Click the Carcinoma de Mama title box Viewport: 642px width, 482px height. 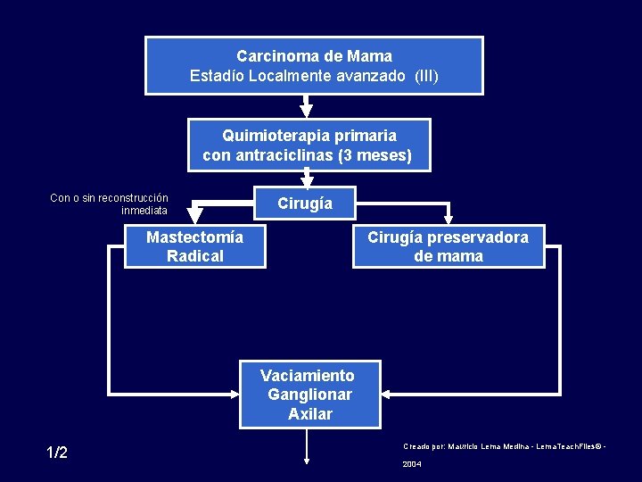pyautogui.click(x=314, y=65)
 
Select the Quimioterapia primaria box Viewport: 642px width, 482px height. pyautogui.click(x=309, y=145)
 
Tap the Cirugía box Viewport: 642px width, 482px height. pyautogui.click(x=304, y=204)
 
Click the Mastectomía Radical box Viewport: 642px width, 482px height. pyautogui.click(x=194, y=246)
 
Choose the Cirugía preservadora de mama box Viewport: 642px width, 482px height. pyautogui.click(x=448, y=246)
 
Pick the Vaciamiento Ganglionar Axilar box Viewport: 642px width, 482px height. pyautogui.click(x=309, y=395)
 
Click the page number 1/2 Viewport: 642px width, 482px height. pyautogui.click(x=57, y=453)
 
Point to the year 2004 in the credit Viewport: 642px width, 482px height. pyautogui.click(x=412, y=464)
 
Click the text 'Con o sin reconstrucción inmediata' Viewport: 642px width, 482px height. pyautogui.click(x=109, y=204)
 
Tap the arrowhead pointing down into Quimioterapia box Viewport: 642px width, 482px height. pyautogui.click(x=306, y=112)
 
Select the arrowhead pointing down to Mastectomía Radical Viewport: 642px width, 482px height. pyautogui.click(x=194, y=215)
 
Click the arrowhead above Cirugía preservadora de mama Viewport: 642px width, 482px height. pyautogui.click(x=449, y=217)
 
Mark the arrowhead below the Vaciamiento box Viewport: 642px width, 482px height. pyautogui.click(x=307, y=461)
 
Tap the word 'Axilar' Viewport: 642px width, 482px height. pyautogui.click(x=309, y=414)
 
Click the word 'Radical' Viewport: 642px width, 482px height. pyautogui.click(x=194, y=256)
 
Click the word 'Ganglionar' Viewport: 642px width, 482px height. pyautogui.click(x=309, y=395)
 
